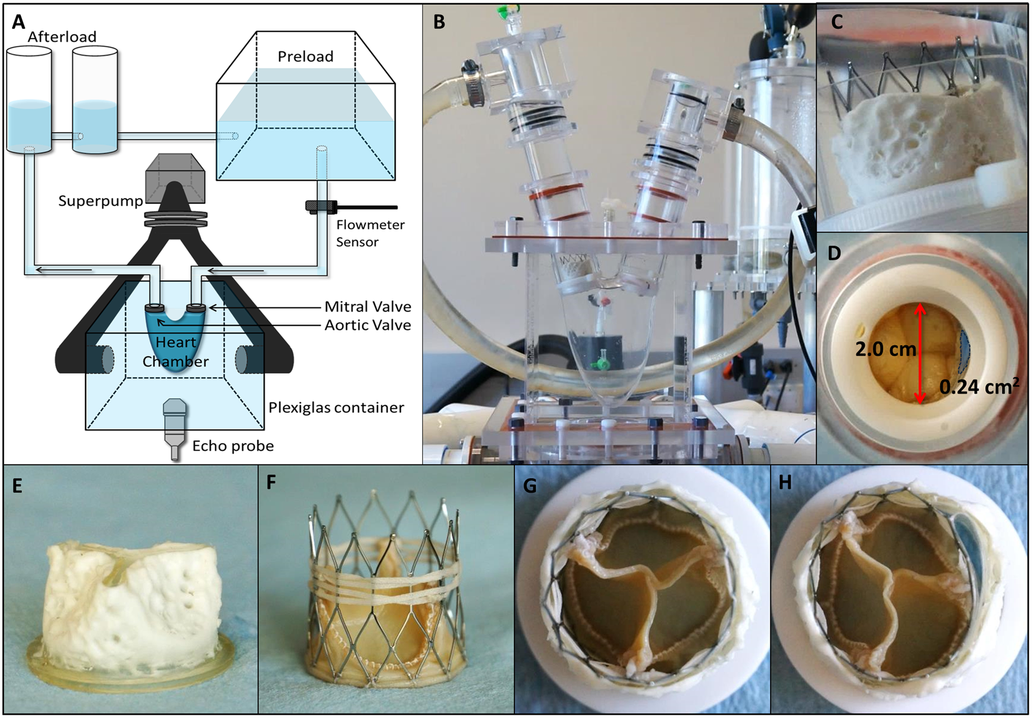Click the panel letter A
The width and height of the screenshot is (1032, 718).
click(x=18, y=22)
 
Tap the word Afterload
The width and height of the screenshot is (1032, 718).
click(x=62, y=37)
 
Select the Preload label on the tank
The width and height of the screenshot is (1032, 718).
click(x=305, y=56)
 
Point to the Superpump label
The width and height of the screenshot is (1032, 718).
click(x=100, y=201)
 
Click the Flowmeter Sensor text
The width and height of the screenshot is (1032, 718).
click(x=370, y=233)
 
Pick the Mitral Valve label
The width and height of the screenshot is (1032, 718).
click(x=367, y=307)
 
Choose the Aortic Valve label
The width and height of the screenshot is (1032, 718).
click(x=367, y=325)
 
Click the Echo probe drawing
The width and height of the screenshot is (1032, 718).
click(x=174, y=429)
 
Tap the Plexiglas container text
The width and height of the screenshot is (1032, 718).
click(x=336, y=408)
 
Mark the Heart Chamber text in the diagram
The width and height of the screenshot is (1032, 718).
click(x=175, y=352)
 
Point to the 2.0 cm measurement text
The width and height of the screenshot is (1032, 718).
click(x=885, y=349)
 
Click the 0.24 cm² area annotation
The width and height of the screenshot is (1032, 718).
click(x=979, y=386)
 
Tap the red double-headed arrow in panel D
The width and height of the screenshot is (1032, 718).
click(x=920, y=353)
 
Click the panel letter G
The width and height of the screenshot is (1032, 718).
click(x=530, y=486)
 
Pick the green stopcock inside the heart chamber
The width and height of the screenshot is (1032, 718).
click(x=601, y=361)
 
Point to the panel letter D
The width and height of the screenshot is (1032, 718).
click(x=834, y=253)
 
